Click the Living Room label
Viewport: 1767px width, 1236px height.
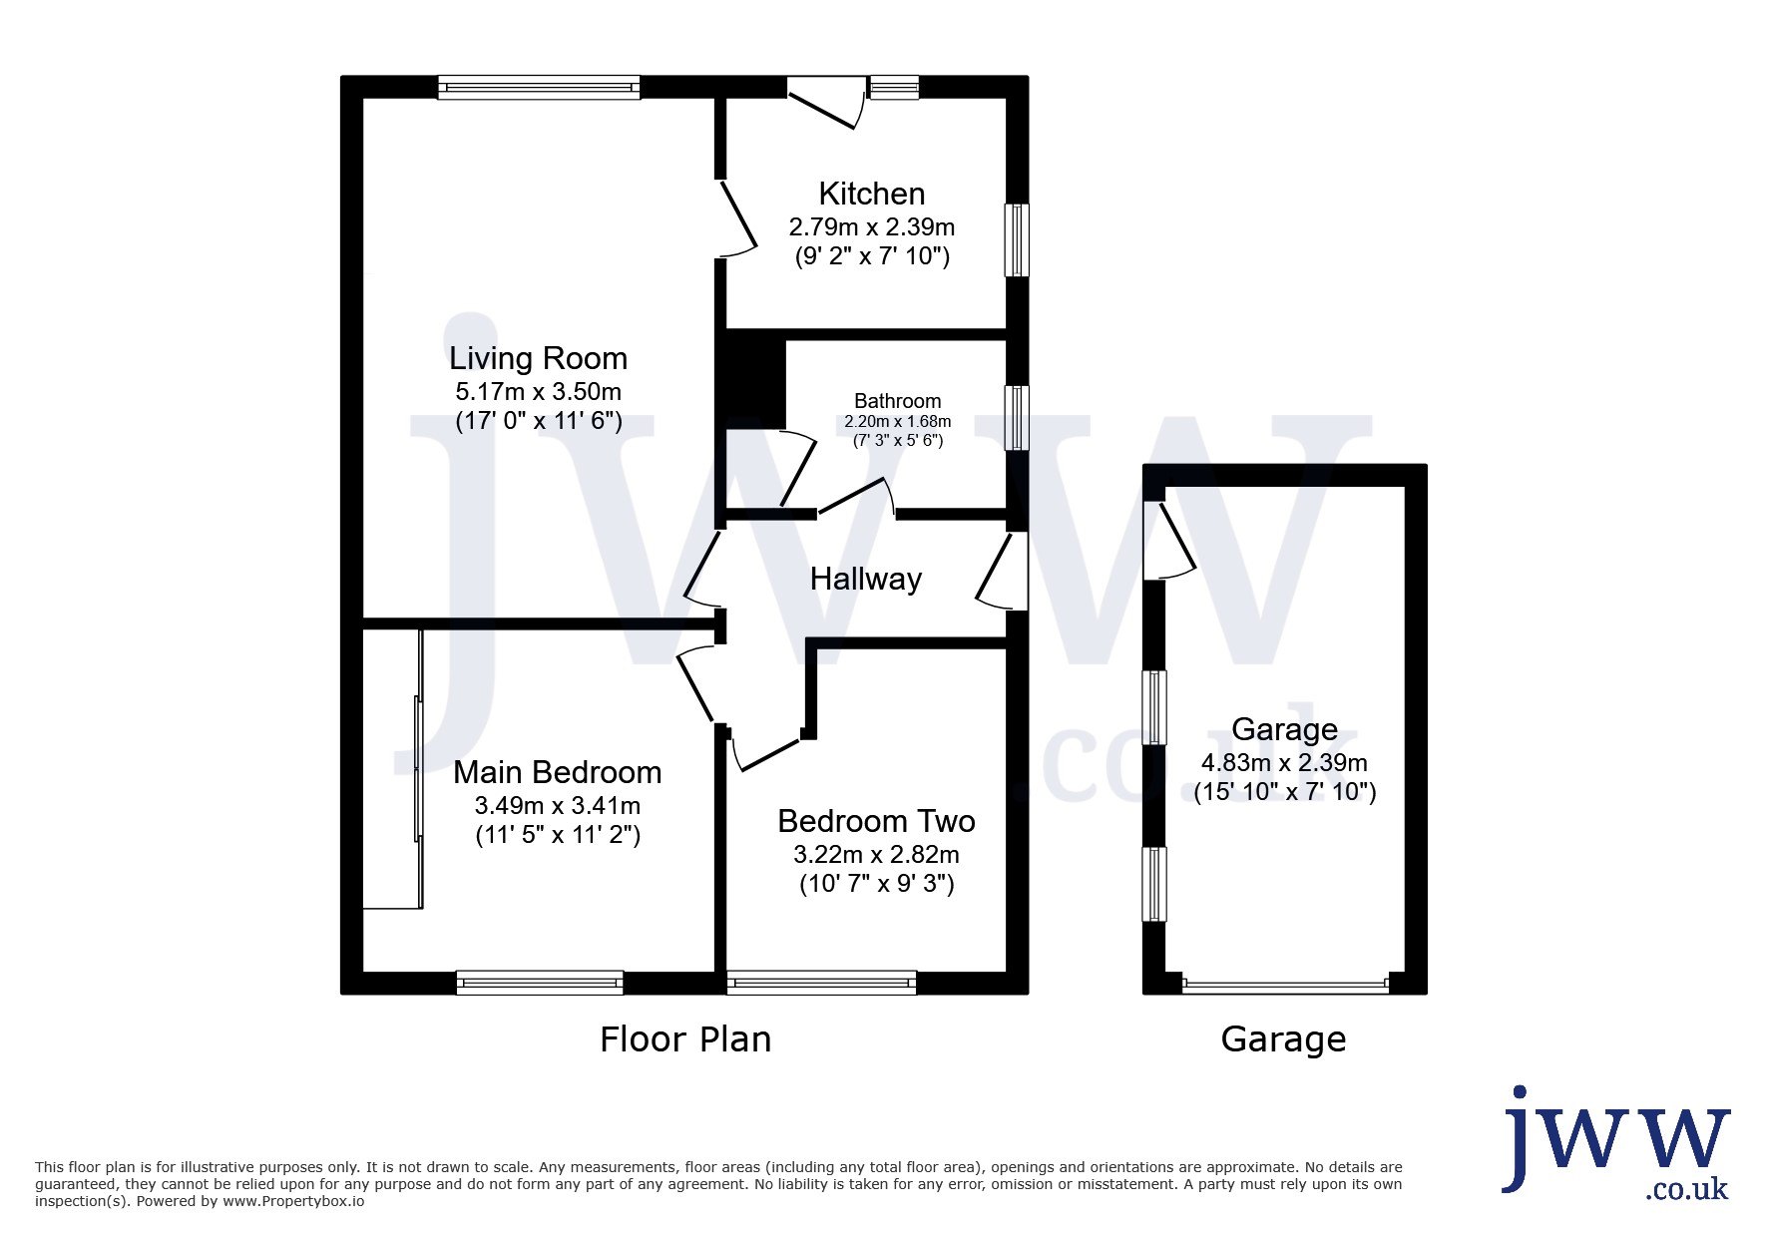point(538,358)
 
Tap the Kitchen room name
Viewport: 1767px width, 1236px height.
point(872,194)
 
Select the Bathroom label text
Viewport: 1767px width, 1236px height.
point(898,401)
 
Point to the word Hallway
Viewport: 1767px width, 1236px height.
point(866,579)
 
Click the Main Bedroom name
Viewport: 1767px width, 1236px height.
point(558,772)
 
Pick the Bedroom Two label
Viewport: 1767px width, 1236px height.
point(877,821)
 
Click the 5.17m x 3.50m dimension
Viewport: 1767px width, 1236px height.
point(539,391)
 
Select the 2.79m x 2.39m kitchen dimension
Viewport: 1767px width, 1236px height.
point(872,227)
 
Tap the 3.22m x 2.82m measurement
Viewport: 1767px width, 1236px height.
point(877,855)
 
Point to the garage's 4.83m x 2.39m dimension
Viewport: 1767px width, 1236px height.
point(1285,763)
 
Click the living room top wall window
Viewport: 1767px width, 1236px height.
point(539,88)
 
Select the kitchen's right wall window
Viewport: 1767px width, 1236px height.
point(1017,239)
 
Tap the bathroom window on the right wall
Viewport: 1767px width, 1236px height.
point(1017,418)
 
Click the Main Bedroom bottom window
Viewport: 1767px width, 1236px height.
point(540,983)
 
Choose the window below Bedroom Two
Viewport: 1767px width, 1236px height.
point(822,983)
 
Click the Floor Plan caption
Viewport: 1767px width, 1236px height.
point(685,1039)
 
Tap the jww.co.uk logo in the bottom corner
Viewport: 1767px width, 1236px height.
point(1616,1143)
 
